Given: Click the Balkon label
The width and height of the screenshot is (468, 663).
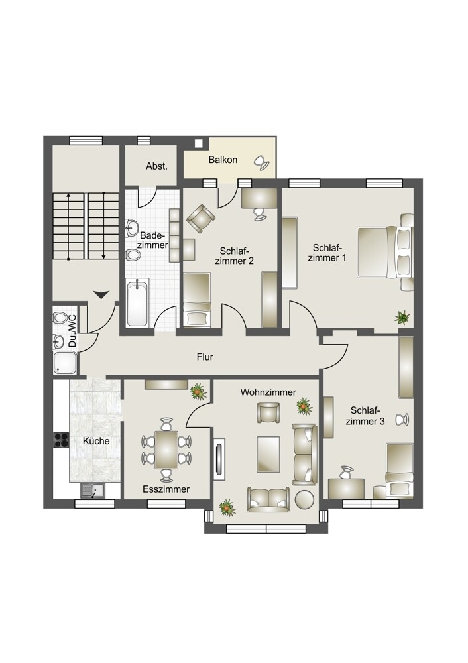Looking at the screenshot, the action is [223, 160].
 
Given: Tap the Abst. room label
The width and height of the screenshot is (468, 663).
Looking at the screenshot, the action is [156, 166].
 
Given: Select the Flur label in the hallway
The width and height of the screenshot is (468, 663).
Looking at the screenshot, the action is [205, 357].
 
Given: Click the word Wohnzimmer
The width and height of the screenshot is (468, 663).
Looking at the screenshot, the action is [268, 392].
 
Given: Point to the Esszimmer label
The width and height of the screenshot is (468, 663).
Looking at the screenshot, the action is [166, 489].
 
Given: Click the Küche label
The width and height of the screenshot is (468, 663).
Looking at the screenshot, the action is [96, 441].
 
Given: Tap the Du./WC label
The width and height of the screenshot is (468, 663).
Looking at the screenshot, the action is [72, 331].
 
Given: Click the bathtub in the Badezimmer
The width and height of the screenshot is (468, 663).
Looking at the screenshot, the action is [137, 302].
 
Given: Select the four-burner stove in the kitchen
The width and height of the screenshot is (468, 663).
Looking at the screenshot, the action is [61, 440].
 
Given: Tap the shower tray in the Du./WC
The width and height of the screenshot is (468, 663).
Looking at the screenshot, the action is [65, 363].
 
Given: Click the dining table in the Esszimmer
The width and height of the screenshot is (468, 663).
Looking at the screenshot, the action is [166, 450].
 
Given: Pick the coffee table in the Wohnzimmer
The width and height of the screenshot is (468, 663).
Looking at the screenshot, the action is [268, 453].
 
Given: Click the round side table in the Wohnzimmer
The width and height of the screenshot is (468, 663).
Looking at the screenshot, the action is [305, 499].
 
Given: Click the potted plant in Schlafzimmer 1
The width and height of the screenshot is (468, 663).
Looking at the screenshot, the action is [402, 317].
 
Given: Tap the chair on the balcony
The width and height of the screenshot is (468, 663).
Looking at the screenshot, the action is [261, 162].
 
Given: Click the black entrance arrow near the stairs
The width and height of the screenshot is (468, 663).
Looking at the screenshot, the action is [101, 294].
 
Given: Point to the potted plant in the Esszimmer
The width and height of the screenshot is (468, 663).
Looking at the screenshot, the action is [198, 392].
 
